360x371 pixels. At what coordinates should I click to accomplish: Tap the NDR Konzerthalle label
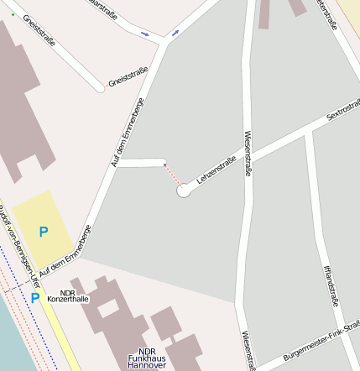click(x=68, y=295)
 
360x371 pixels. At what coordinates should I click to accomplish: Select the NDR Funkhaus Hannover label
click(x=148, y=359)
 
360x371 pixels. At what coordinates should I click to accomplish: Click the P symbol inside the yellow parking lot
click(x=44, y=231)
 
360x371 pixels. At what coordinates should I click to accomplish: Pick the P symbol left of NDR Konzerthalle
click(x=35, y=297)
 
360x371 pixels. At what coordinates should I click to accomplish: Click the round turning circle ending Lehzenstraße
click(x=184, y=191)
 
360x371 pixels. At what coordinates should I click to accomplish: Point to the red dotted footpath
click(x=172, y=175)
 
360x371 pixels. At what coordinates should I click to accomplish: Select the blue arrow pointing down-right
click(x=145, y=34)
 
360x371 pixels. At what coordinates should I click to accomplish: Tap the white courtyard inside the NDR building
click(x=109, y=306)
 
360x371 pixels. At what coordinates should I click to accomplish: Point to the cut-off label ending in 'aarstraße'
click(x=102, y=4)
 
